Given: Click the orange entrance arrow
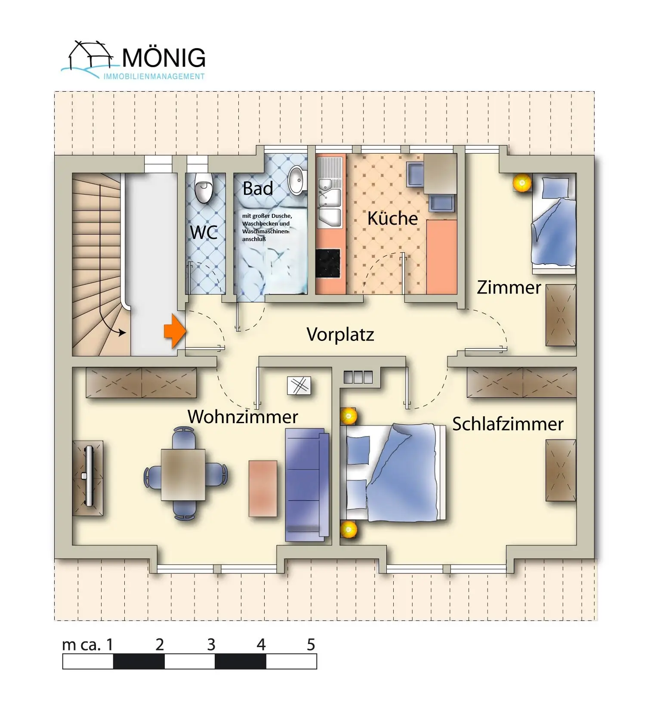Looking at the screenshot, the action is [x=175, y=331].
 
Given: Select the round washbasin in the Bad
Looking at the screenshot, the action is [x=296, y=180].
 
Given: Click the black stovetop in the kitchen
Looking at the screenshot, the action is [x=328, y=263].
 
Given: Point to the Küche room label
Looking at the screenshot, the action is [x=392, y=218].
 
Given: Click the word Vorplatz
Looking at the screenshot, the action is [x=340, y=334].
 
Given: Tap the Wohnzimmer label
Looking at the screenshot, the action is [x=243, y=417].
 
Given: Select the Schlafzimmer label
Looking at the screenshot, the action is [x=508, y=424].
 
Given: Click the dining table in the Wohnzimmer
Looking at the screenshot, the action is [x=183, y=475].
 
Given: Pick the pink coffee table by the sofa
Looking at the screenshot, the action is [x=263, y=488].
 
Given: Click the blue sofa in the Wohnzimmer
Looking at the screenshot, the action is [x=307, y=485].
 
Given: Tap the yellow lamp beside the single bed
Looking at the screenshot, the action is [x=522, y=183].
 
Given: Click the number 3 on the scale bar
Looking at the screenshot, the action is [x=211, y=644].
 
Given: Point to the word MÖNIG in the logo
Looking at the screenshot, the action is [x=164, y=58].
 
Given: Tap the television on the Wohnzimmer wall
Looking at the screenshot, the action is [x=88, y=476].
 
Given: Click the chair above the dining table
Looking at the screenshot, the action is [x=183, y=438].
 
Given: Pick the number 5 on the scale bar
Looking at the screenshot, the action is [x=311, y=644].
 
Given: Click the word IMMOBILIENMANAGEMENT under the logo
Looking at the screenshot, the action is [x=154, y=77].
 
